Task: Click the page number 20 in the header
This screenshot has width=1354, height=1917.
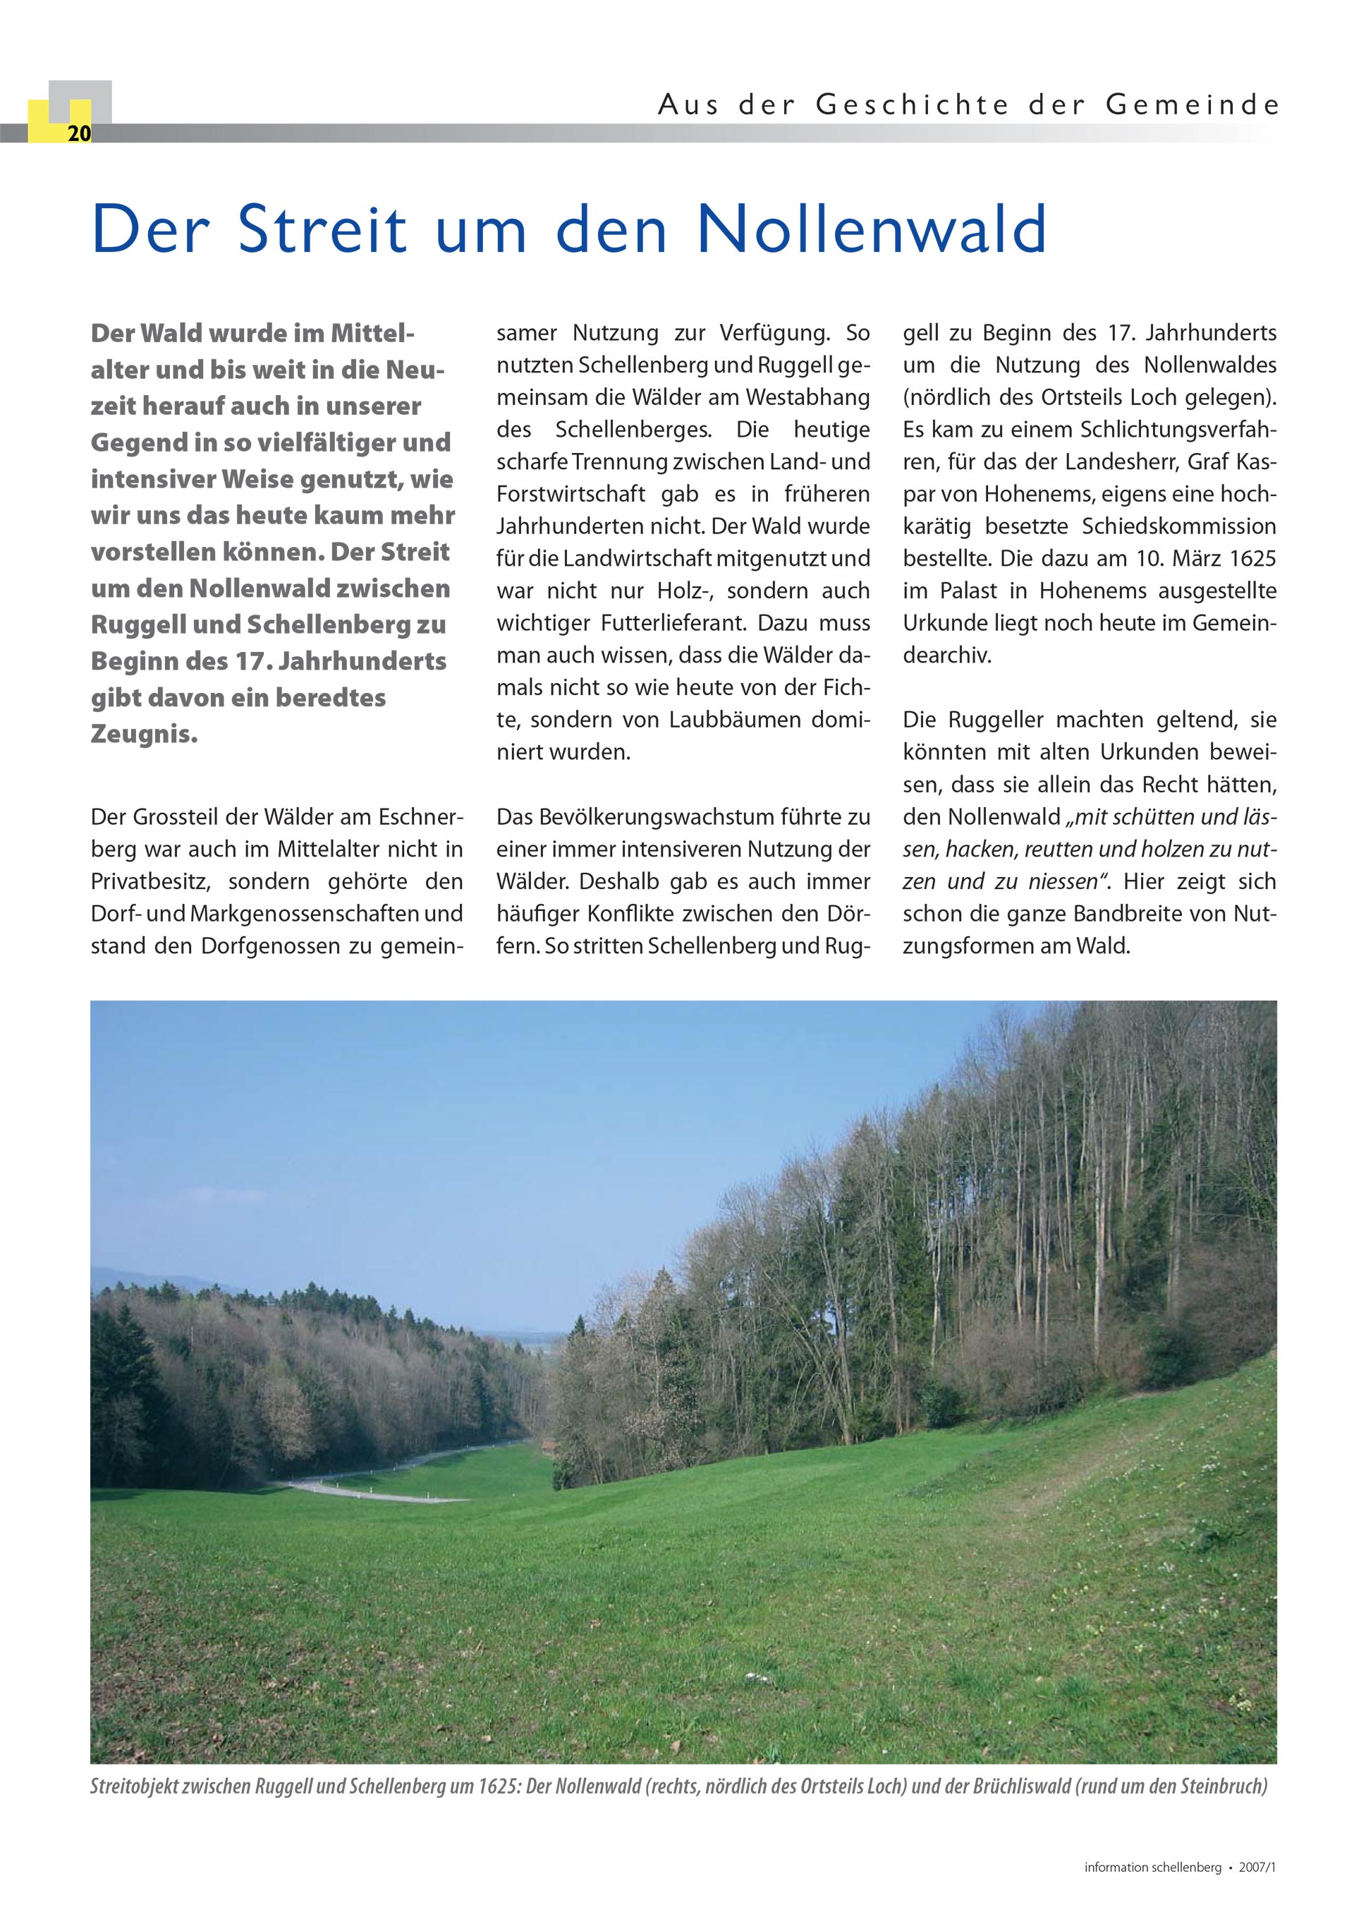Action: (78, 133)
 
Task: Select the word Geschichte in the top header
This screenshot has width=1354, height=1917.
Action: (912, 105)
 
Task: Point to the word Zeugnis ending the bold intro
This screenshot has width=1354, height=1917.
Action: (144, 734)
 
